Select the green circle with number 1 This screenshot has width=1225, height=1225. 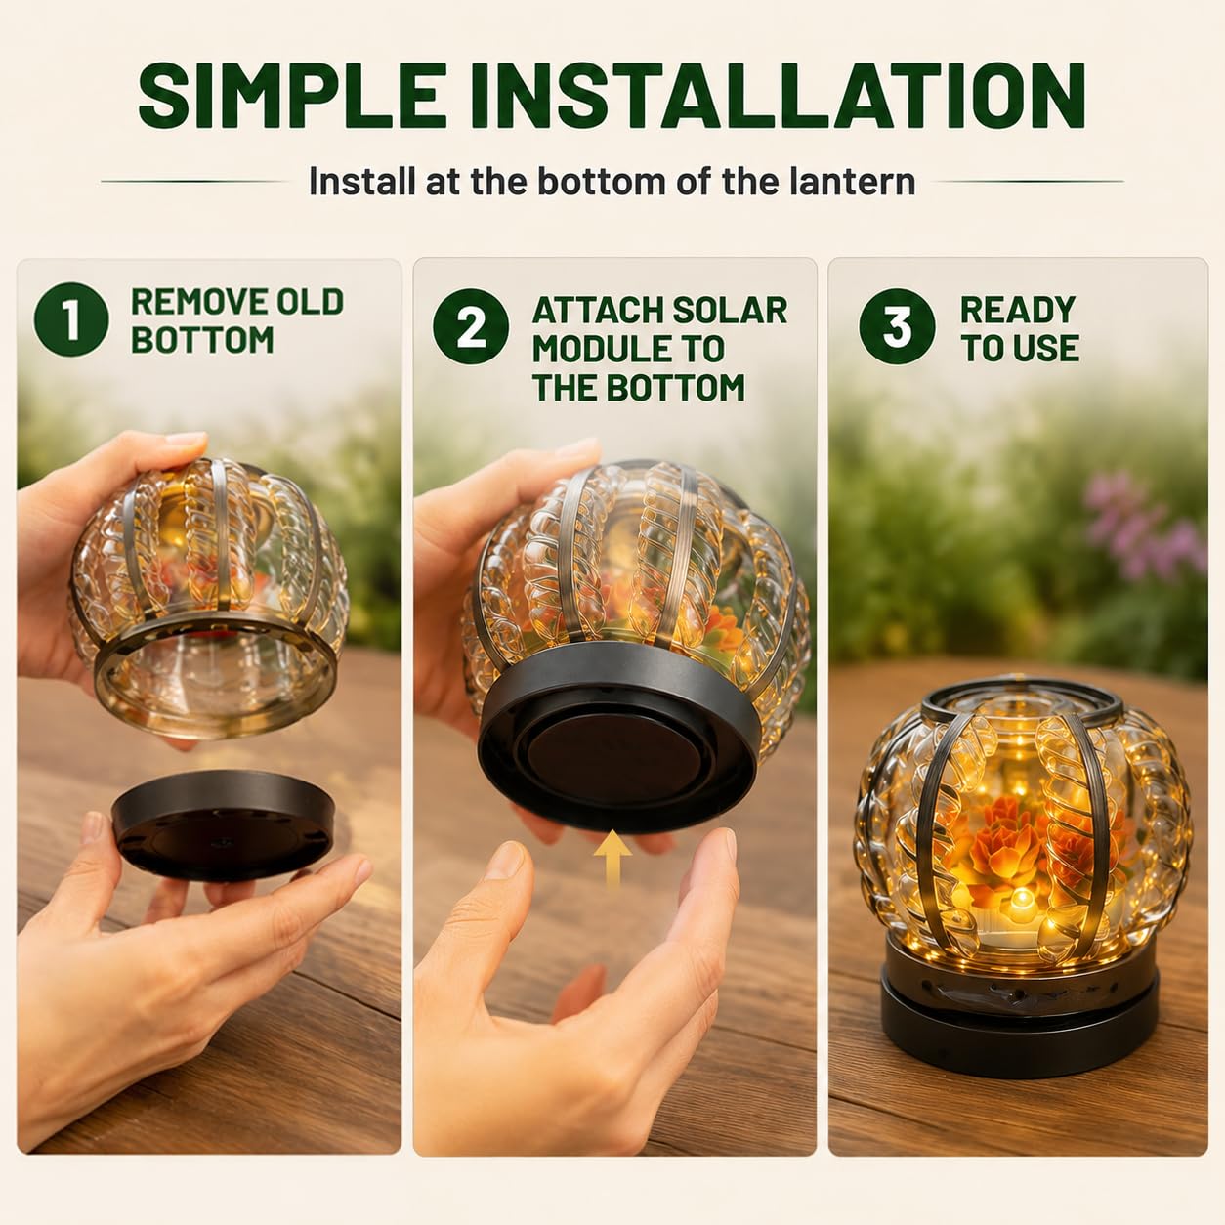71,318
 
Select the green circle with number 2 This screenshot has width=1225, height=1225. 471,326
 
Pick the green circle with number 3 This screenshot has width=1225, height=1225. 897,326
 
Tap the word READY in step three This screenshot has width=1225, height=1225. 1018,310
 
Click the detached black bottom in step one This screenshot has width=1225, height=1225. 223,824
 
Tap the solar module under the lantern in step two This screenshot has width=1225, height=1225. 619,740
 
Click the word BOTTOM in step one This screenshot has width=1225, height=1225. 202,340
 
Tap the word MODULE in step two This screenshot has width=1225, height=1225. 628,349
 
